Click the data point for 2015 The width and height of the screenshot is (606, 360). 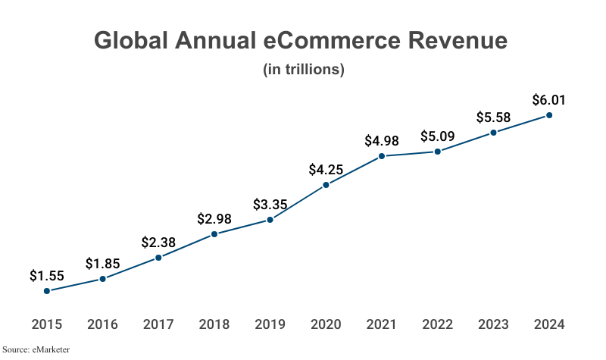click(x=47, y=290)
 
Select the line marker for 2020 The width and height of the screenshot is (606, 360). click(x=326, y=185)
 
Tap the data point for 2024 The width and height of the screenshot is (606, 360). click(x=549, y=115)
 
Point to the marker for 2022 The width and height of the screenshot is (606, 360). click(x=438, y=152)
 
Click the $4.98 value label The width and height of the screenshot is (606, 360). click(x=382, y=140)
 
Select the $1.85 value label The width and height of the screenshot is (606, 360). click(x=102, y=264)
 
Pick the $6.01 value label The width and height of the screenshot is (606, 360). click(x=549, y=100)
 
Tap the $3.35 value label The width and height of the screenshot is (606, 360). click(x=270, y=205)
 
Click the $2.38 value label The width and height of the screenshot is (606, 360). click(x=158, y=243)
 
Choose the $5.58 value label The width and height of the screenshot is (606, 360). click(x=493, y=117)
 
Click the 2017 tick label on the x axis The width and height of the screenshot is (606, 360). click(x=158, y=324)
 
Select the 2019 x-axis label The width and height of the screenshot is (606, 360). click(x=270, y=324)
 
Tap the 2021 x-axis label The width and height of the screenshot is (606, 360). click(x=382, y=324)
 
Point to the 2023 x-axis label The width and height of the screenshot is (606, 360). click(x=493, y=324)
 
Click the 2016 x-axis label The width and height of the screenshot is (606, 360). click(x=102, y=324)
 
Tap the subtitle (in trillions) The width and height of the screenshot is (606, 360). click(x=304, y=70)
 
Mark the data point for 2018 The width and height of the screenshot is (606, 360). click(x=214, y=234)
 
